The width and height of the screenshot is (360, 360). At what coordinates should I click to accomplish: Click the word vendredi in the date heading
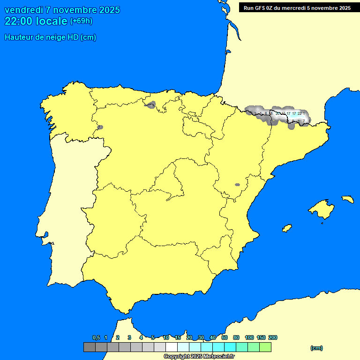click(23, 10)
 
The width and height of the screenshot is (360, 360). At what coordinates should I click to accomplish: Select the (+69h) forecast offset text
click(81, 21)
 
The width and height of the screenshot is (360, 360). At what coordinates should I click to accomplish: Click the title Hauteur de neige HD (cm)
click(50, 37)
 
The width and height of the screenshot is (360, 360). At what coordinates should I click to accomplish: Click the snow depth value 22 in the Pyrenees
click(300, 113)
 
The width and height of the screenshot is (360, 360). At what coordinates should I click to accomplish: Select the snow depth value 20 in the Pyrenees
click(277, 113)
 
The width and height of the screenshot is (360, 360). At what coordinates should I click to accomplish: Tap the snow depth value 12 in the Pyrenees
click(283, 113)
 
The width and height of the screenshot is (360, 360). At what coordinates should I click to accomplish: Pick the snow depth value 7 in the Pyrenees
click(303, 121)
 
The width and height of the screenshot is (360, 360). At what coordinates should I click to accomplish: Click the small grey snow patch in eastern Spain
click(237, 185)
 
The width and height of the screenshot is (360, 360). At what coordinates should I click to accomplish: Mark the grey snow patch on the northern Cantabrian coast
click(151, 105)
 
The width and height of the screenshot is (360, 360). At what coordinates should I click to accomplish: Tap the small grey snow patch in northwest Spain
click(100, 127)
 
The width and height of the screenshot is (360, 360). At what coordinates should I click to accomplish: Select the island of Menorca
click(347, 199)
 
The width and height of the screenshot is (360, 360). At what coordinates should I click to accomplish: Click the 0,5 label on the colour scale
click(96, 337)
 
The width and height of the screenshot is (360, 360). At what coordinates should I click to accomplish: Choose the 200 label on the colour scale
click(272, 337)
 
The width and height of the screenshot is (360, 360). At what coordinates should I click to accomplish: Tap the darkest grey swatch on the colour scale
click(89, 347)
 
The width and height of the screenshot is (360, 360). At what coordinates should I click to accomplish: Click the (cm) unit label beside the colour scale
click(316, 348)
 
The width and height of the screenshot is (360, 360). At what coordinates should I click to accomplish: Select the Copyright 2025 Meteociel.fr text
click(199, 356)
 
